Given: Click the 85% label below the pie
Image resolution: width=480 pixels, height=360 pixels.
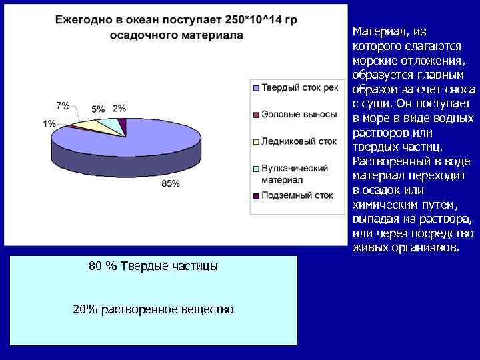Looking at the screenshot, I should pos(171,183).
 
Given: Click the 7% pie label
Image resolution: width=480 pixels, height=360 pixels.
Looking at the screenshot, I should pos(63,105).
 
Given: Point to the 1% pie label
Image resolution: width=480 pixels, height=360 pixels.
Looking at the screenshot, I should pos(49,123).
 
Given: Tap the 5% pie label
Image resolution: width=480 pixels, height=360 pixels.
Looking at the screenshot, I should pos(98,109).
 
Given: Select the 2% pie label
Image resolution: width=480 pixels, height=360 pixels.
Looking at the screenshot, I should pos(119,108).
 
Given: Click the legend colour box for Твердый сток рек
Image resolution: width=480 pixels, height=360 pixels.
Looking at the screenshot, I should pos(256,87).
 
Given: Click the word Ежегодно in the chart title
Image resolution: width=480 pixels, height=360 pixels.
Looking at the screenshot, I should pos(85,20).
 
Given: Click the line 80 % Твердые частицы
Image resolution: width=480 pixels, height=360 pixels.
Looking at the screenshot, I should pos(153,266).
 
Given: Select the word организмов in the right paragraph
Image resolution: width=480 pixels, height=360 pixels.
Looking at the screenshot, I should pos(427,248).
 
